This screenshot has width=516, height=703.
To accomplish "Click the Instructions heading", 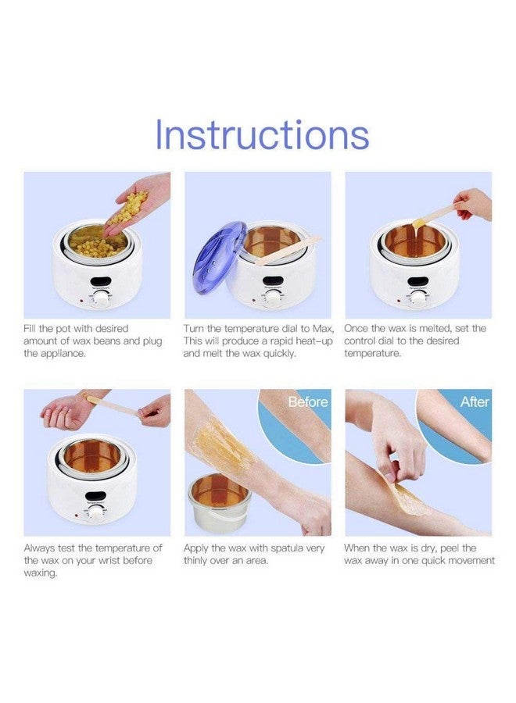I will [261, 134].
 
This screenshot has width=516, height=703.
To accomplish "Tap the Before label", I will [307, 401].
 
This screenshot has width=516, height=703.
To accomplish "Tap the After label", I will [474, 401].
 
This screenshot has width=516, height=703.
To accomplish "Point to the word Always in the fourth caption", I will [41, 548].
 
